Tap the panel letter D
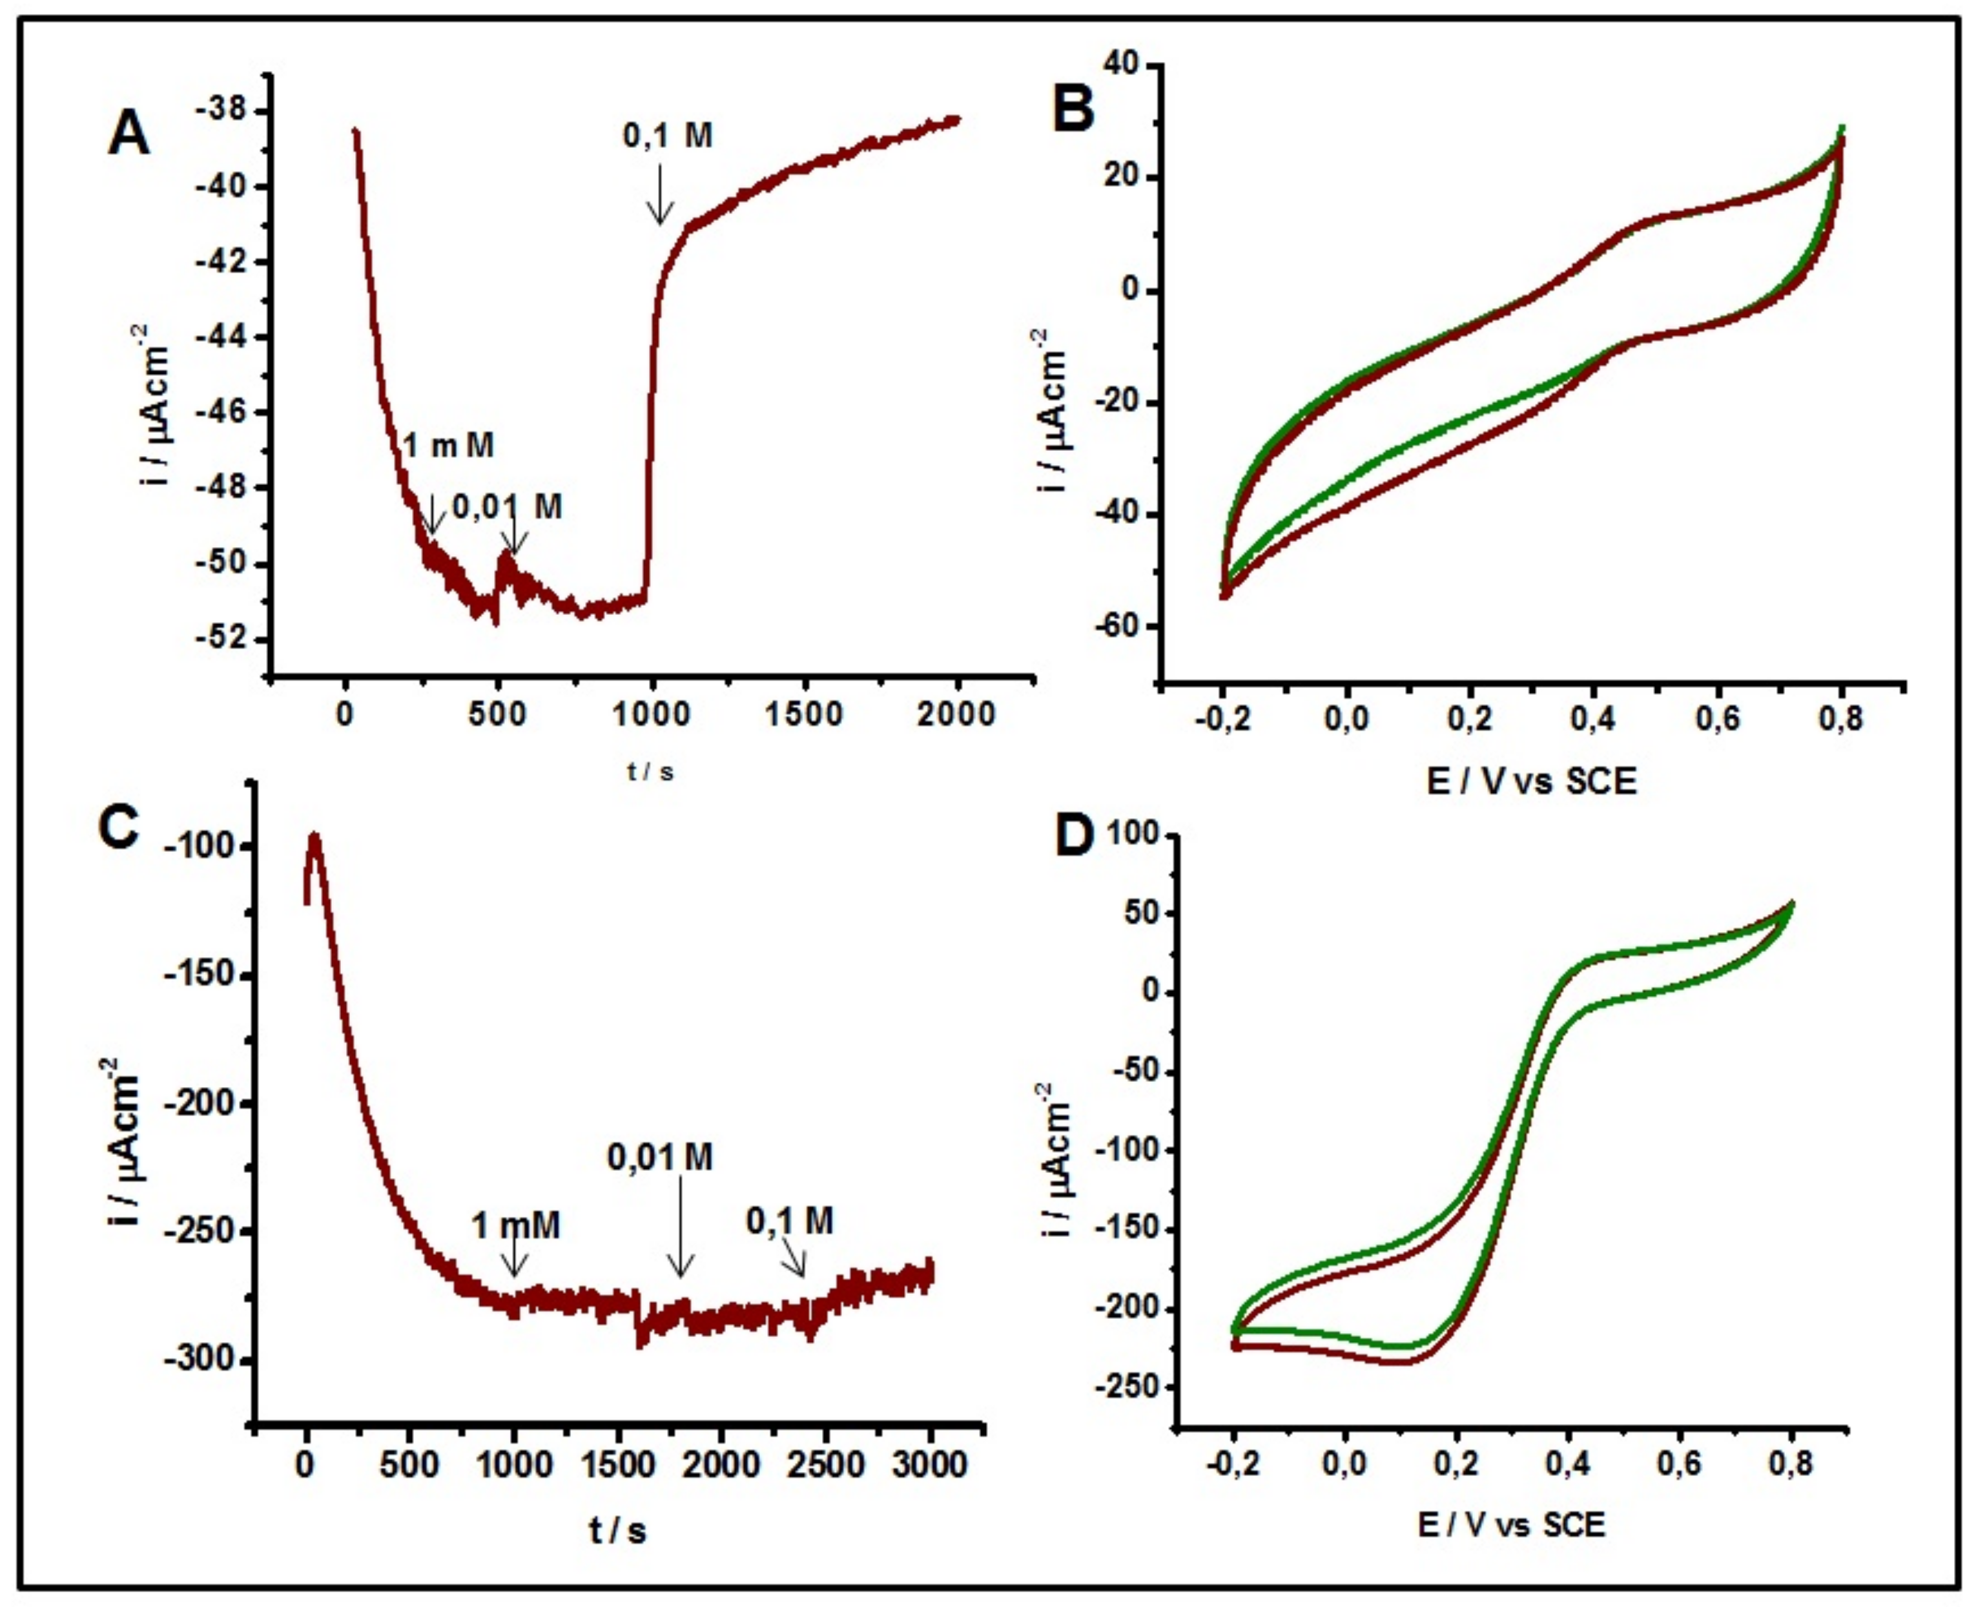point(1074,838)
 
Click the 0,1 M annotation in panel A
point(667,137)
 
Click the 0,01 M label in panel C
point(660,1156)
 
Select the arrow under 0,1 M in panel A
point(660,195)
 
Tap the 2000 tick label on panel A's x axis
point(956,714)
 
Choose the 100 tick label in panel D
point(1126,835)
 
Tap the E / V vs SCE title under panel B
point(1532,782)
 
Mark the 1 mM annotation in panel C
point(515,1226)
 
